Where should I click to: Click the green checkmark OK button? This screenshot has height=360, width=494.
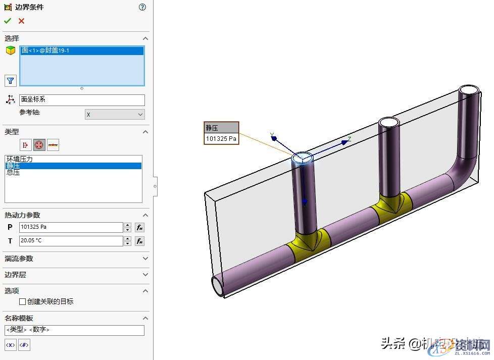(8, 21)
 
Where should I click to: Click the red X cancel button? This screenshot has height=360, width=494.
(21, 21)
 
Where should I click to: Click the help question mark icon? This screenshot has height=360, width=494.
(142, 7)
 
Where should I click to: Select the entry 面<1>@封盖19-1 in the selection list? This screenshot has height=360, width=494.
(45, 50)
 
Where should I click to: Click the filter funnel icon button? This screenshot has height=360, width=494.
(10, 80)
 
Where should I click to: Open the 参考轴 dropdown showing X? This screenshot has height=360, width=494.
(115, 115)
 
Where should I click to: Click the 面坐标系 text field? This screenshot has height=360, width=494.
(82, 100)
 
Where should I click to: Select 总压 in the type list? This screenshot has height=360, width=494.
(13, 172)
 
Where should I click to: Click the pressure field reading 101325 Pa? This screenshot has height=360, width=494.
(71, 227)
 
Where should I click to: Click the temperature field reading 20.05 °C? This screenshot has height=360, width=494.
(71, 241)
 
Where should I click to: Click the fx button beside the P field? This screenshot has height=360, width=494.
(140, 227)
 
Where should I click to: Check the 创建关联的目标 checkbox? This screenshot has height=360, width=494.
(22, 301)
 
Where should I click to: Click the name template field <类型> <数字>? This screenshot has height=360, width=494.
(74, 330)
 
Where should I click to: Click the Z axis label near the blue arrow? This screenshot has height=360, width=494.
(349, 138)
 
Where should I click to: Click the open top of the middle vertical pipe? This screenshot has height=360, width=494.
(389, 123)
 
